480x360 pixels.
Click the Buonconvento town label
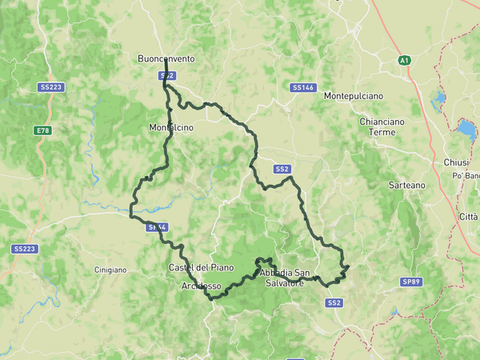click(x=166, y=59)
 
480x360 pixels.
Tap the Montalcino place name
click(x=171, y=127)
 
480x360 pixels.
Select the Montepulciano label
click(x=354, y=96)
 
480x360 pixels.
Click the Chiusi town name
click(x=456, y=162)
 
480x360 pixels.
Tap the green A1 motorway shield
click(x=405, y=60)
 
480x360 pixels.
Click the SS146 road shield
click(x=303, y=86)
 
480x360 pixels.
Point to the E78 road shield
click(x=42, y=130)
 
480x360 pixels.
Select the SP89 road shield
click(x=411, y=282)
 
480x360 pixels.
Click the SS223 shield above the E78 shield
click(x=50, y=86)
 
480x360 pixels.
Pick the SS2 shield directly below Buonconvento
click(x=166, y=75)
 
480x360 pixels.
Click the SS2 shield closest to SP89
click(x=334, y=302)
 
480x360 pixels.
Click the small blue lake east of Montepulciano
click(x=438, y=101)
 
